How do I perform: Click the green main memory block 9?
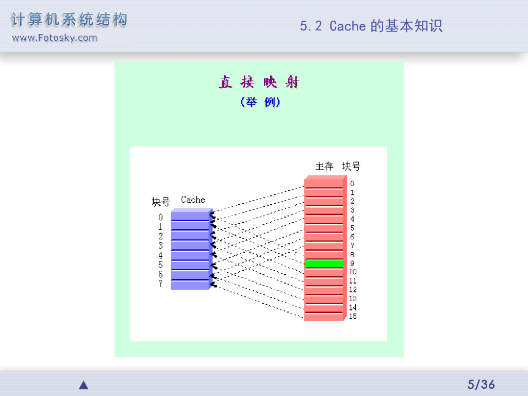pos(324,263)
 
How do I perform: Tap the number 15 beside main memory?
pos(353,316)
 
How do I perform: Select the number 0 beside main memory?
pos(352,183)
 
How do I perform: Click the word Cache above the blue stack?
pos(193,200)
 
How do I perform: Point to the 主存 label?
pos(324,166)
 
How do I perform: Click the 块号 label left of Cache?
pos(160,202)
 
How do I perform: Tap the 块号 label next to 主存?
pos(351,166)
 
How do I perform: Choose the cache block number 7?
pos(160,284)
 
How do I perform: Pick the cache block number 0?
pos(160,217)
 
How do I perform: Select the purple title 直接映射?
pos(259,82)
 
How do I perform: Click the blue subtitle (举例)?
pos(260,102)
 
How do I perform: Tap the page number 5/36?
pos(481,384)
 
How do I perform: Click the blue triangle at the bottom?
pos(84,385)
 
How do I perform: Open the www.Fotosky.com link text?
pos(54,38)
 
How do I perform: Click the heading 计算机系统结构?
pos(69,20)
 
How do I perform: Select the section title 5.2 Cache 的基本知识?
pos(371,26)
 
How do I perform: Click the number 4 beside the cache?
pos(160,255)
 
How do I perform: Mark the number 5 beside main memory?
pos(352,227)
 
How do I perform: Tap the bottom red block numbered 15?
pos(324,317)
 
